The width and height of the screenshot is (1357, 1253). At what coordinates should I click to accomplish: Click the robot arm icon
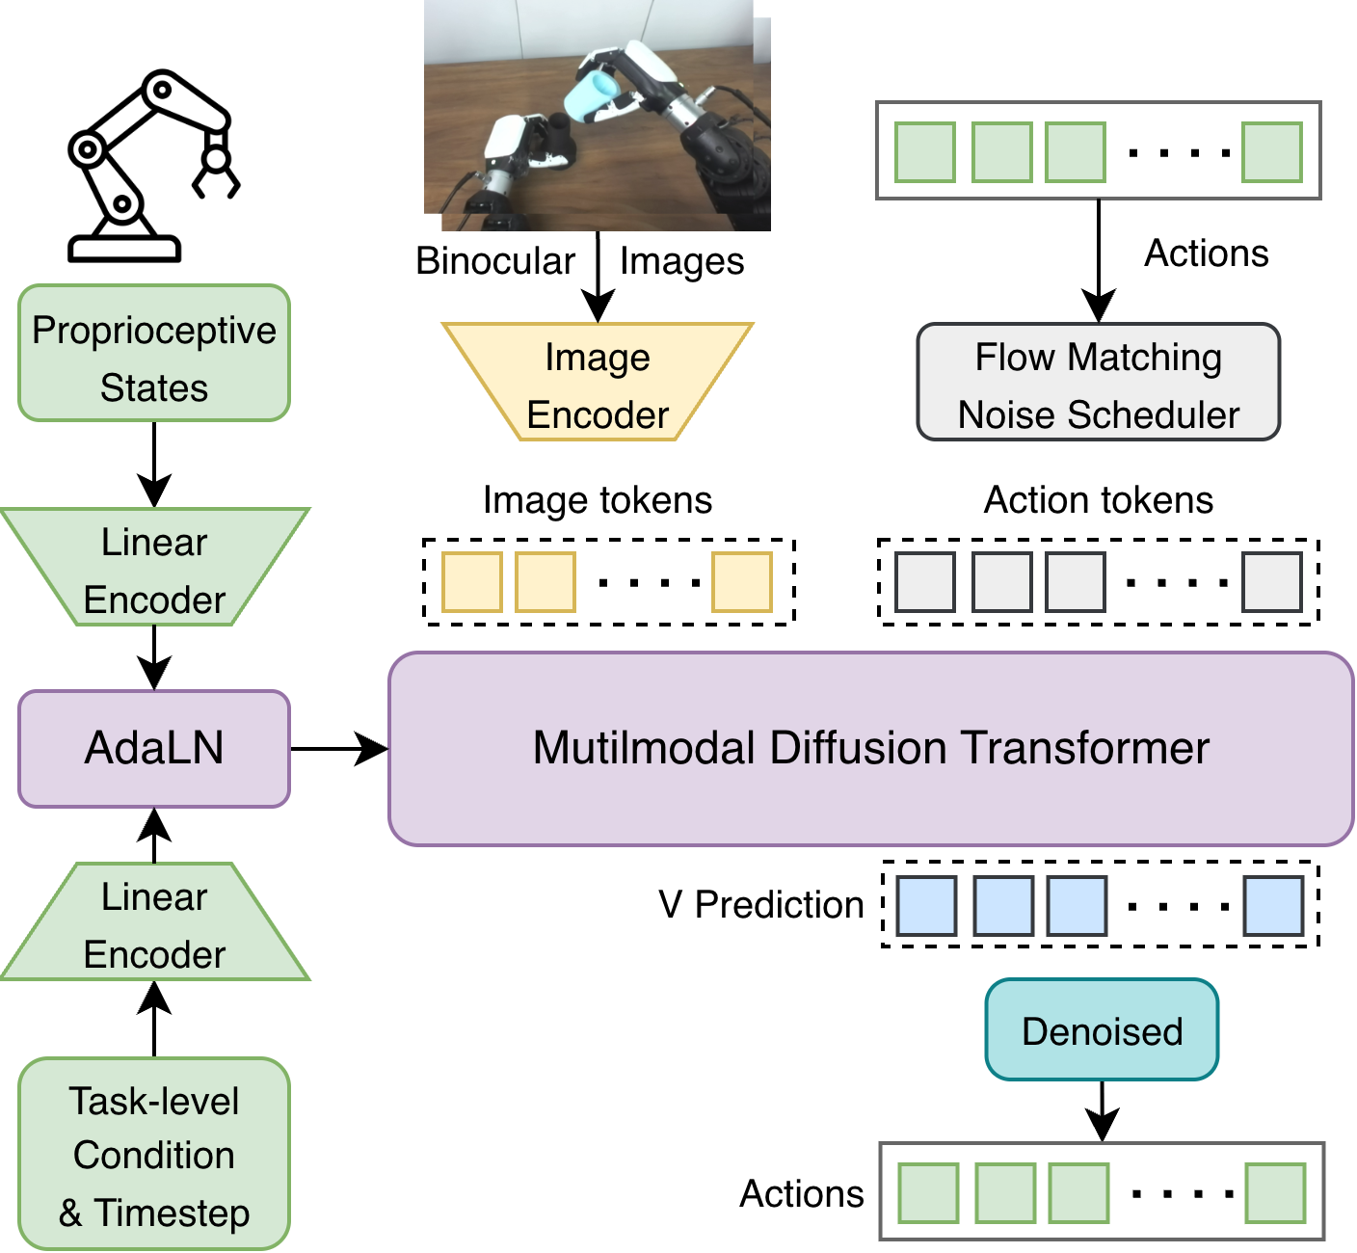tap(154, 166)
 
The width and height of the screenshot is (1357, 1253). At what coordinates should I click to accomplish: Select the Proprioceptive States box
tap(154, 354)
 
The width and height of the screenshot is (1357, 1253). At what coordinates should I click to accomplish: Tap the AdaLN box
tap(154, 749)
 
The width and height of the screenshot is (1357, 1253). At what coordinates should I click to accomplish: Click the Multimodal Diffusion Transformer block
tap(871, 749)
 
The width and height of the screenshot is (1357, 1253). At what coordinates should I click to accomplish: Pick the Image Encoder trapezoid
tap(598, 382)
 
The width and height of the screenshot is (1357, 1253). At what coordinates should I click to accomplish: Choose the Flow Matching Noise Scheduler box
tap(1099, 382)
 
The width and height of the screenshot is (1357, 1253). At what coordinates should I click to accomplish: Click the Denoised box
tap(1103, 1030)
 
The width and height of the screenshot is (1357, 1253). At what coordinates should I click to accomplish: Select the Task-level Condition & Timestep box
tap(154, 1155)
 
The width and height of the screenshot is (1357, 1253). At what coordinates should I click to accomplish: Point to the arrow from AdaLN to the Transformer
tap(339, 749)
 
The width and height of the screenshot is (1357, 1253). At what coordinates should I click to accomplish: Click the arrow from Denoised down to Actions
tap(1103, 1111)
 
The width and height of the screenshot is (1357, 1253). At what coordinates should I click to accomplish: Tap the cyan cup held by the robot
tap(590, 96)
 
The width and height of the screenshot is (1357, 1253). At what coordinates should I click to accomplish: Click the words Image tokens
tap(598, 500)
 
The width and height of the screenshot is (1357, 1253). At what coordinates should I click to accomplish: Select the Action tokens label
tap(1099, 499)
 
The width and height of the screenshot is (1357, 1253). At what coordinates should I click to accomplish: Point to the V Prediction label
tap(761, 905)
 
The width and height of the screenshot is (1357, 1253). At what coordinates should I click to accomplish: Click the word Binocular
tap(495, 261)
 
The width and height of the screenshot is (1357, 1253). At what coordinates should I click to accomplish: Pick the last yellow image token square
tap(742, 582)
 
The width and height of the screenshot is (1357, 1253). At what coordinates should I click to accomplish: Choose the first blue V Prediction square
tap(926, 906)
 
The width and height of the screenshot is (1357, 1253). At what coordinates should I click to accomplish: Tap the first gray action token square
tap(925, 582)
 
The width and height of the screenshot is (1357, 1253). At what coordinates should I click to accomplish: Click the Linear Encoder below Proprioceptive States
tap(154, 568)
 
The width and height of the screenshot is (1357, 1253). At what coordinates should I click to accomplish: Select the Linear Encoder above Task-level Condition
tap(154, 922)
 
